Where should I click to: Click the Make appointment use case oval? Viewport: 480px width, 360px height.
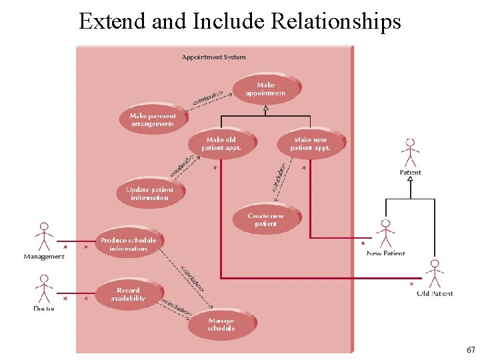point(266,89)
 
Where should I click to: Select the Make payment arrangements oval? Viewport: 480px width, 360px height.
point(153,119)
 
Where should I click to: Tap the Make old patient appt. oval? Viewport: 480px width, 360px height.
point(221,143)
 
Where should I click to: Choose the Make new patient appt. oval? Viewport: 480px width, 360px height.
point(311,143)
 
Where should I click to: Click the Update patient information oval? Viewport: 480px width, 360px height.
point(150,193)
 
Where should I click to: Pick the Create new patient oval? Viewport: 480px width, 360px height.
point(266,219)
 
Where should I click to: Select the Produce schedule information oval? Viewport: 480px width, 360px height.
point(128,244)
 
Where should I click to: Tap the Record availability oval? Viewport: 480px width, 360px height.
point(129,294)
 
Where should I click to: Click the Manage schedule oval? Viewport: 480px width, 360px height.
point(221,325)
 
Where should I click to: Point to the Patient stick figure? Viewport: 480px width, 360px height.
point(410,153)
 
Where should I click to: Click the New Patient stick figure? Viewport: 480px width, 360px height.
point(385,233)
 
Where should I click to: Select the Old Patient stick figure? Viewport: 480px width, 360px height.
point(435,273)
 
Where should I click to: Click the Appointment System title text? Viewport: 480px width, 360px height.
point(213,57)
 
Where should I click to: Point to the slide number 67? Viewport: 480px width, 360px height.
point(471,349)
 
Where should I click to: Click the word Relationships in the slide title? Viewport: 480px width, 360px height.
point(336,21)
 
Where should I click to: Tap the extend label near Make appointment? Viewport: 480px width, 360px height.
point(207,99)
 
